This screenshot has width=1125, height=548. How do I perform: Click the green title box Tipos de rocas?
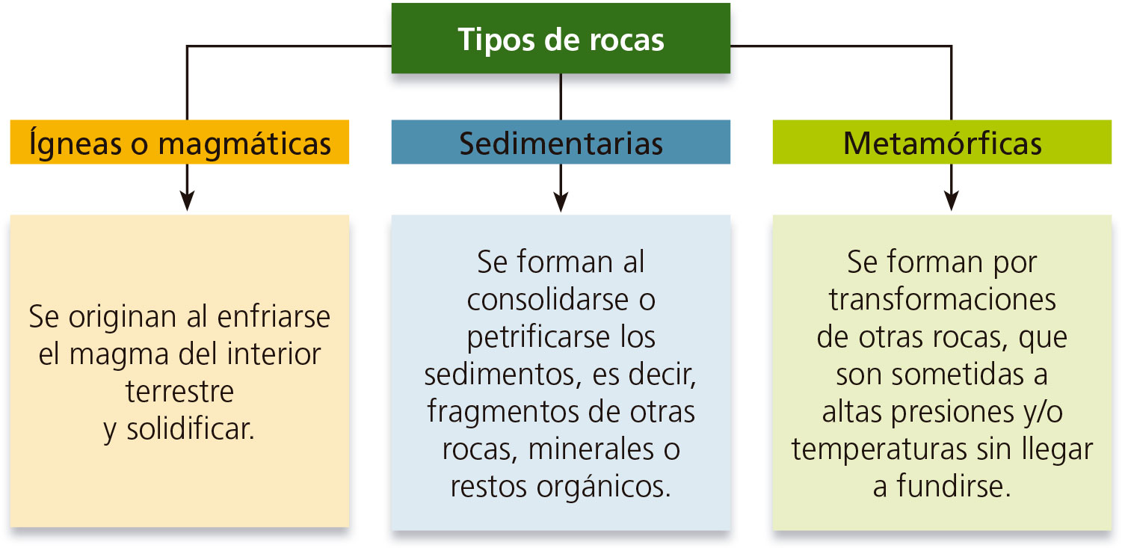561,39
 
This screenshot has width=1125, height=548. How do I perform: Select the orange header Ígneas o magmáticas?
179,142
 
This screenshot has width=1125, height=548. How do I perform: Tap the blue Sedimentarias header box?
561,142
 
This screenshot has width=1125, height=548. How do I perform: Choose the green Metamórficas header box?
942,142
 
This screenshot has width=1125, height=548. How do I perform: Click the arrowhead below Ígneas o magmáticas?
187,201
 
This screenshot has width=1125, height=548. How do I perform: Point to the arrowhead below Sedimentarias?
561,201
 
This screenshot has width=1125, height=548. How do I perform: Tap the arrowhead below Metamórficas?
951,201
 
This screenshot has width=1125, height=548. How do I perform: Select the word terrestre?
179,391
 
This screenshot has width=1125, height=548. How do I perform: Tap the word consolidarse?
546,300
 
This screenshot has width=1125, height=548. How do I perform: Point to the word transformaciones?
942,300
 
